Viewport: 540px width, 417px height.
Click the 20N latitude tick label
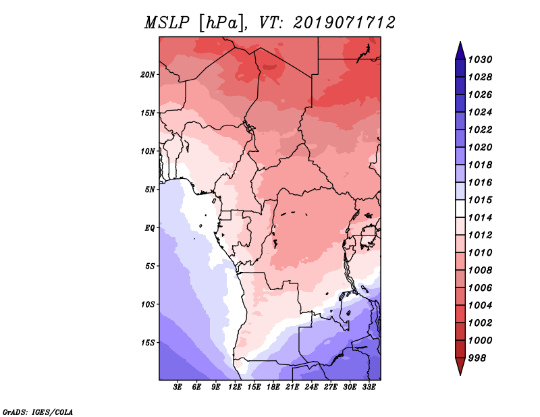(148, 75)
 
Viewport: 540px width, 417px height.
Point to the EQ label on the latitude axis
(150, 228)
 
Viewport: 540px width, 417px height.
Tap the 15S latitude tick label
(148, 343)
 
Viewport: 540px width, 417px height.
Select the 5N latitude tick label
(150, 190)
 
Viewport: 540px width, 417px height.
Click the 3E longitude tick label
(178, 387)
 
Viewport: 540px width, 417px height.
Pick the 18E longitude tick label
(273, 387)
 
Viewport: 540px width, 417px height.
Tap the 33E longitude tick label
(369, 387)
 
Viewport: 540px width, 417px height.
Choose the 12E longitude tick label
(235, 387)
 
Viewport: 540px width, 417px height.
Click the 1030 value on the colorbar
(480, 59)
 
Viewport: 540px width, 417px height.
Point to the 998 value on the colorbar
(477, 358)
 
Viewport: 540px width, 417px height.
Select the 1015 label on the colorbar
(480, 200)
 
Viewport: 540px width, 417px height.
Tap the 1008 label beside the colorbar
(480, 271)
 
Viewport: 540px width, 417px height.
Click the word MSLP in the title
(167, 23)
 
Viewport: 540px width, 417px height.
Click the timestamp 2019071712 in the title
(344, 23)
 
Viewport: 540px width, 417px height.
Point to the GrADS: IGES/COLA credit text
(38, 412)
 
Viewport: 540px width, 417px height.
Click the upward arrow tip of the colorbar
(460, 42)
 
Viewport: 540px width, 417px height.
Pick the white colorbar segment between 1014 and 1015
(460, 208)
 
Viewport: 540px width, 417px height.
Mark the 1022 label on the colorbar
(480, 130)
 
